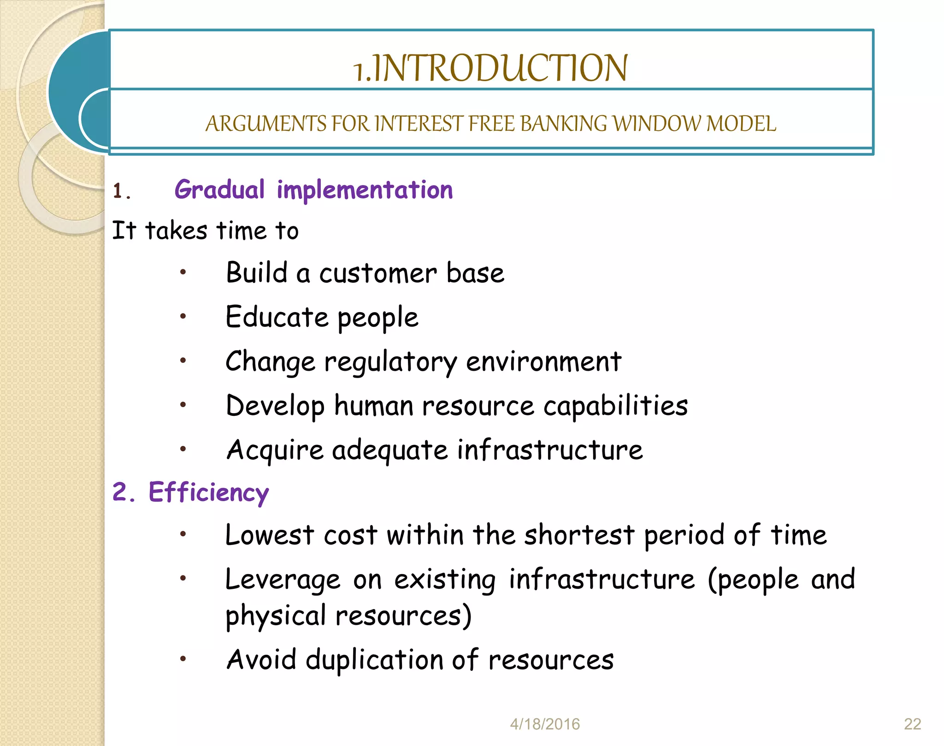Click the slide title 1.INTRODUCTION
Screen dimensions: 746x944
(490, 68)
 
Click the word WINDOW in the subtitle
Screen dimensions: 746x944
(656, 124)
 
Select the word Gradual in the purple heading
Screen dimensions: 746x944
(219, 190)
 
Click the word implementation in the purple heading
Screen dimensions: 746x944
(365, 190)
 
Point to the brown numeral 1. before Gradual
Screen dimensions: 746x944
(122, 191)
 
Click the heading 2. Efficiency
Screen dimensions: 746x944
(190, 492)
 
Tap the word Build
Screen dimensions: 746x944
(256, 272)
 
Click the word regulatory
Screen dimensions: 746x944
(390, 362)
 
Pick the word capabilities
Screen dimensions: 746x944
(615, 406)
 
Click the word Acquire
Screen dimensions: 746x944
(275, 450)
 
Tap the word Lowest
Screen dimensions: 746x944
(269, 535)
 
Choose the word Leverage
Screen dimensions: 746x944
(283, 580)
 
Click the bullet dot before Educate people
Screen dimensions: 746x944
(183, 316)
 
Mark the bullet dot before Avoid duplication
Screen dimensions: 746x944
(183, 659)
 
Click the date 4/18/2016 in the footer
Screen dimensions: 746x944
(544, 724)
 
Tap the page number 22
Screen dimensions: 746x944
(912, 724)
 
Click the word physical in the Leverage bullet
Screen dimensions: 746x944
(275, 616)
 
